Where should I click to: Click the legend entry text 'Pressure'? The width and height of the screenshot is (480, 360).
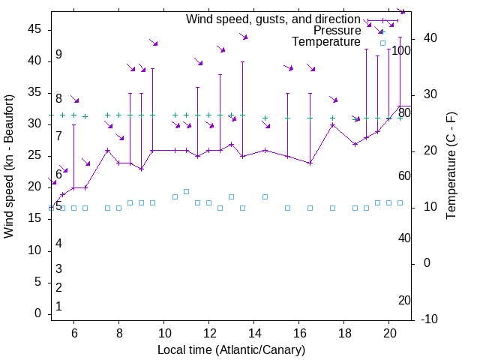[x=337, y=31]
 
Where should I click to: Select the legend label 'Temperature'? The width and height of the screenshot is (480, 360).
[x=325, y=42]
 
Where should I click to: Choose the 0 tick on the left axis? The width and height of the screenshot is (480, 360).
[x=38, y=313]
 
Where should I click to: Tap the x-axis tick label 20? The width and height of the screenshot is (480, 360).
[x=389, y=334]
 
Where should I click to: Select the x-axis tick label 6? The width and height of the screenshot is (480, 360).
[x=73, y=334]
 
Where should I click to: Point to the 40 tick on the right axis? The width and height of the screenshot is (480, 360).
[x=428, y=38]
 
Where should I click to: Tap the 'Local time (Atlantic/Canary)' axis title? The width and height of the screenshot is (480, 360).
[x=231, y=349]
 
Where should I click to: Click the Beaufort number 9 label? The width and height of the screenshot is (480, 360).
[x=58, y=55]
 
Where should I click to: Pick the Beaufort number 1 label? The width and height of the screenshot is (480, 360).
[x=58, y=307]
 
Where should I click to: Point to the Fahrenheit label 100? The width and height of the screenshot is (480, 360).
[x=402, y=51]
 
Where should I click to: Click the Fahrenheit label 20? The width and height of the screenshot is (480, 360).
[x=404, y=300]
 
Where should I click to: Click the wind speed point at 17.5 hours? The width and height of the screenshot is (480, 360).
[x=332, y=124]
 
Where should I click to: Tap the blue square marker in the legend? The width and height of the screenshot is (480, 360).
[x=382, y=43]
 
